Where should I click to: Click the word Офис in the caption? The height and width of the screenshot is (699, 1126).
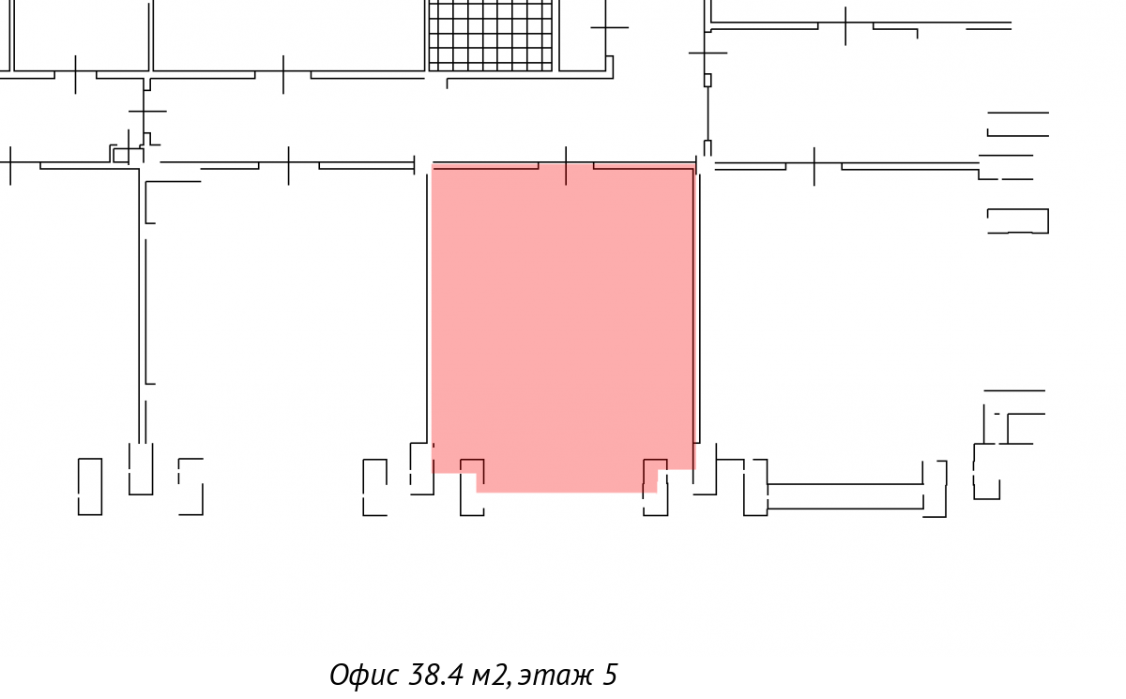[364, 676]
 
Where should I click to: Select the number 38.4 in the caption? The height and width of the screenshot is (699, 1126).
[435, 675]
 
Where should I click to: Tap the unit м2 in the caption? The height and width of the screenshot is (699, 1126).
[489, 676]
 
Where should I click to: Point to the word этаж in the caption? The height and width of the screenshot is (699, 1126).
[555, 676]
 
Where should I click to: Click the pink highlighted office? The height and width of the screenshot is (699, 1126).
[564, 322]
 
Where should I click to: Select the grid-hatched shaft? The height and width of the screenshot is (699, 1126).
[490, 36]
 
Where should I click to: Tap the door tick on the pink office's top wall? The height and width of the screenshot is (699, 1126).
[566, 166]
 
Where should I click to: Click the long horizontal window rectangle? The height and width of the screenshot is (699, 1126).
[845, 496]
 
